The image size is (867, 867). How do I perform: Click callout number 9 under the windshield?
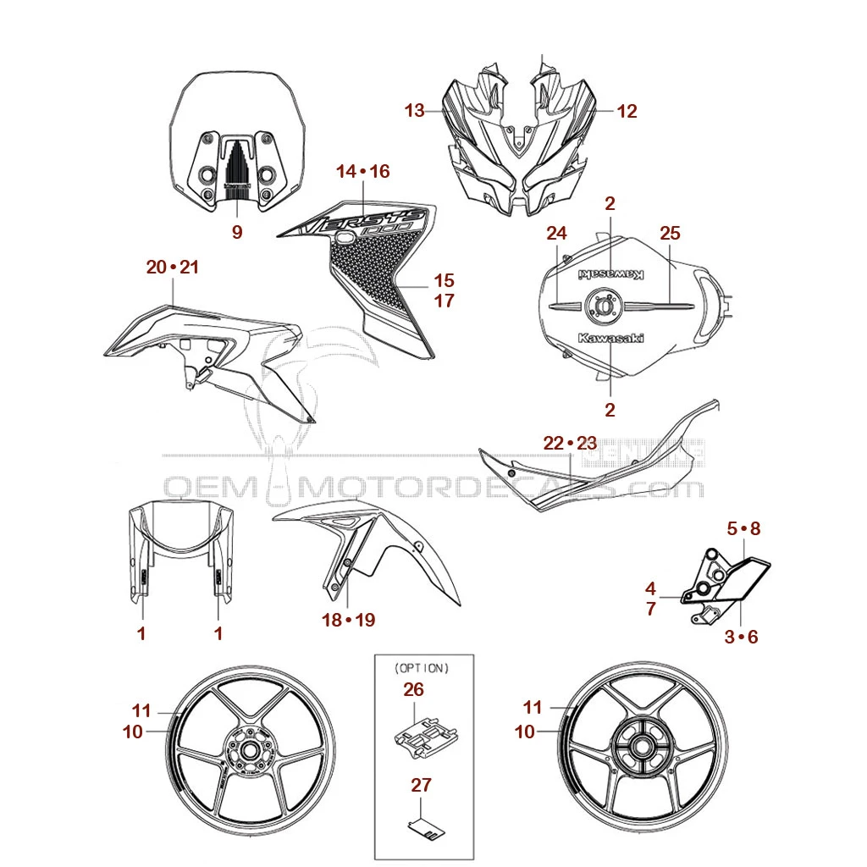click(x=237, y=232)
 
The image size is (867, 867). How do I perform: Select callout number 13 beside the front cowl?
click(x=414, y=110)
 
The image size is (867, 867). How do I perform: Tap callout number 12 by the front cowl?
click(x=627, y=110)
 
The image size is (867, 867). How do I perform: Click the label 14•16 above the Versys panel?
click(x=362, y=172)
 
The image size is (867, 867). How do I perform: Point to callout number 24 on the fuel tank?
click(x=555, y=233)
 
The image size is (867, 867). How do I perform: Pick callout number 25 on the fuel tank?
click(x=670, y=233)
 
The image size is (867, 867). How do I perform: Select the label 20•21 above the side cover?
click(x=172, y=268)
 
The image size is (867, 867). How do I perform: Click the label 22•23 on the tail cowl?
click(x=570, y=443)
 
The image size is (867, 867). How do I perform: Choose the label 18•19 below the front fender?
click(x=348, y=621)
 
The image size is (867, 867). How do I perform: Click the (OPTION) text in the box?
click(x=422, y=668)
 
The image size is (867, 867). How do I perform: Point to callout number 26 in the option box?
click(x=413, y=690)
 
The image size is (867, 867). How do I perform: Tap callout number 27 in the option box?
click(x=421, y=786)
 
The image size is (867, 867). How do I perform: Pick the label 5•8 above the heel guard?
click(x=744, y=529)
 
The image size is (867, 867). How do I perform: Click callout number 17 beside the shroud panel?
click(x=445, y=301)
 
